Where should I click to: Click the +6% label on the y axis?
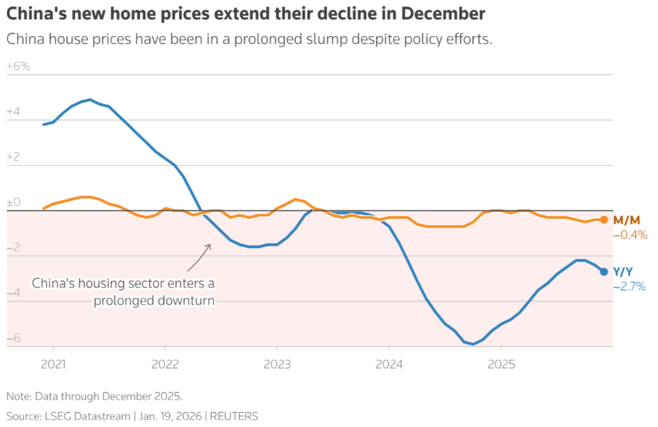pyautogui.click(x=18, y=66)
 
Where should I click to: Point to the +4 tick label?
pyautogui.click(x=13, y=111)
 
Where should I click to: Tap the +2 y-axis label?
pyautogui.click(x=13, y=157)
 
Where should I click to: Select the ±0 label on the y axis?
pyautogui.click(x=13, y=202)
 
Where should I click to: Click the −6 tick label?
pyautogui.click(x=13, y=338)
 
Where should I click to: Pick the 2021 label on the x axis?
pyautogui.click(x=53, y=364)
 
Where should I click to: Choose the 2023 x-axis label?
pyautogui.click(x=277, y=364)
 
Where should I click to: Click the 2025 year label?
pyautogui.click(x=501, y=364)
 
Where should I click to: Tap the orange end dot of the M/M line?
pyautogui.click(x=604, y=220)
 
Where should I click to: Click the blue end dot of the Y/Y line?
pyautogui.click(x=604, y=272)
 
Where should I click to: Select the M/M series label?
pyautogui.click(x=627, y=220)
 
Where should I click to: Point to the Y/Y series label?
pyautogui.click(x=623, y=272)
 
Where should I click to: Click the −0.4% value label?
pyautogui.click(x=630, y=235)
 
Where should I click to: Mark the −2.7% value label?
pyautogui.click(x=629, y=286)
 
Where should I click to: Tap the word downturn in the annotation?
pyautogui.click(x=186, y=301)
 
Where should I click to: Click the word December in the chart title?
pyautogui.click(x=443, y=13)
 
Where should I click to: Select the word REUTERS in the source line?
pyautogui.click(x=234, y=416)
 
